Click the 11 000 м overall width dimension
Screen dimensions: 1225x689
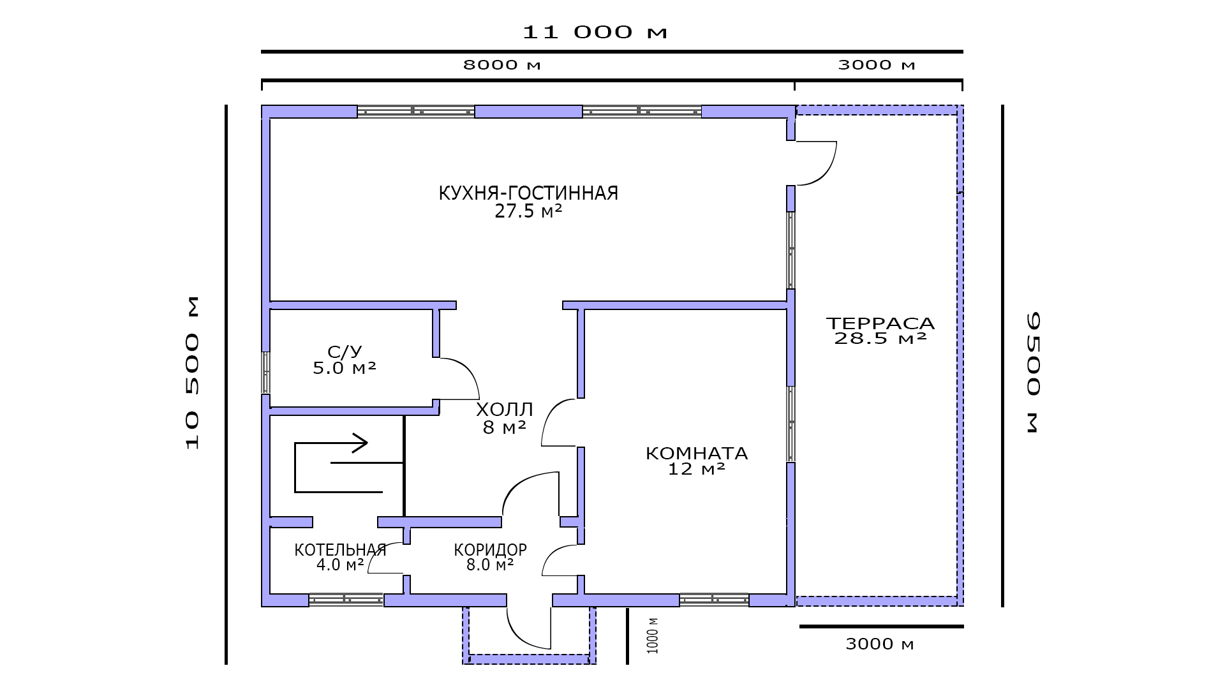(x=595, y=32)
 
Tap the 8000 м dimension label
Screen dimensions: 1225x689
(x=502, y=64)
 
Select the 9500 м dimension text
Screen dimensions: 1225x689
(x=1033, y=373)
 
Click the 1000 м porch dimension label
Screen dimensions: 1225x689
(x=653, y=635)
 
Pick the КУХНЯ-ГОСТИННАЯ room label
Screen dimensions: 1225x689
(x=528, y=193)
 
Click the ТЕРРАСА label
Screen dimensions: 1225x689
(x=880, y=323)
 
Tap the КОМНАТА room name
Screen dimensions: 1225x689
(x=697, y=454)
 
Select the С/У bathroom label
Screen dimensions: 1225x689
(x=345, y=352)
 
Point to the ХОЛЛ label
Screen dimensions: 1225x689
(x=504, y=410)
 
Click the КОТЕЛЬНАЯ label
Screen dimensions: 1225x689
(x=340, y=550)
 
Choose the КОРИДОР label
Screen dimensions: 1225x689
(x=490, y=550)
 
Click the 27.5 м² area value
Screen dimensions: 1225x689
(x=528, y=212)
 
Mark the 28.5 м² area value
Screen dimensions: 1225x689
(x=880, y=339)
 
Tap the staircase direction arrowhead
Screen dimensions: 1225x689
(x=360, y=443)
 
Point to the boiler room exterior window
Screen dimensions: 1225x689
(x=346, y=600)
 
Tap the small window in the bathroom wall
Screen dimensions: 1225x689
(x=266, y=372)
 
